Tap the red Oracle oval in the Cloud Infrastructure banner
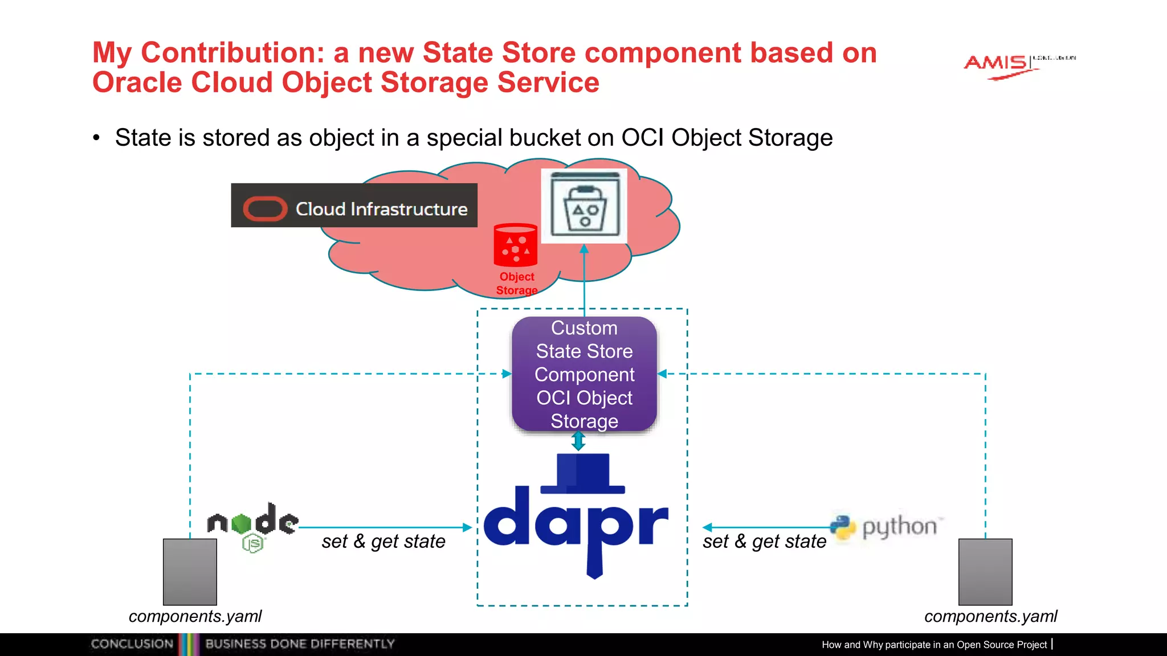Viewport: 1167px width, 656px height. (x=265, y=209)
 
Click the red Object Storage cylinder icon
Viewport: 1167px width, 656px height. (x=515, y=245)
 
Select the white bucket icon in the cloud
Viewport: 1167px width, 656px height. (x=584, y=206)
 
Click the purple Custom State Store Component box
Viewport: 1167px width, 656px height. (x=584, y=374)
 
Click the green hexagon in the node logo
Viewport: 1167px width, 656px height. (x=242, y=523)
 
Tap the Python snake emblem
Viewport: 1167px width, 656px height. (x=843, y=527)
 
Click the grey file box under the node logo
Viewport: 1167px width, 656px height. (x=190, y=572)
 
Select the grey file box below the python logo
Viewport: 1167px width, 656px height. (x=985, y=572)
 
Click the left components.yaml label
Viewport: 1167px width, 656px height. (x=195, y=617)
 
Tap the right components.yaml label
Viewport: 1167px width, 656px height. (x=990, y=617)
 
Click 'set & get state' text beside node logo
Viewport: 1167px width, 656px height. (x=383, y=542)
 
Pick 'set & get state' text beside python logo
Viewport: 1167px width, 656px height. (x=764, y=542)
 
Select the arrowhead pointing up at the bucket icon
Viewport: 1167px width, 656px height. (x=584, y=249)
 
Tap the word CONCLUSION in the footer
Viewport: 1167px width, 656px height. (x=132, y=644)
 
